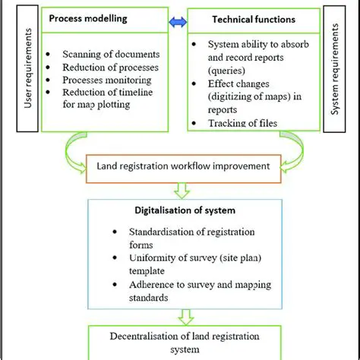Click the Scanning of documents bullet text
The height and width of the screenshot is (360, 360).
click(x=111, y=55)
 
